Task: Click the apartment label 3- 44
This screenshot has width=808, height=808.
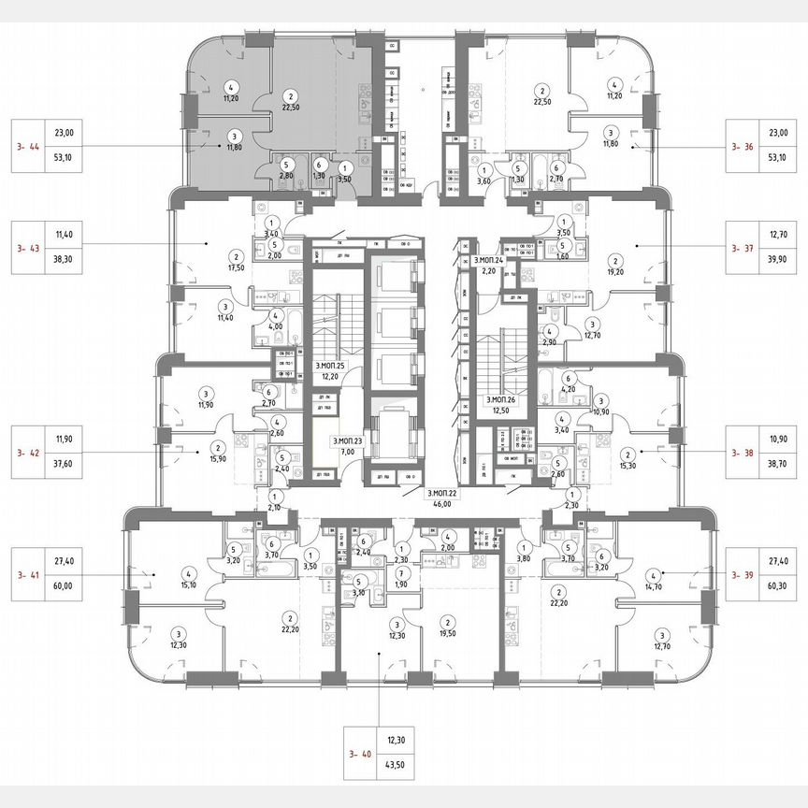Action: point(29,147)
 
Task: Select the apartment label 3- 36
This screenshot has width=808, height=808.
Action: point(743,147)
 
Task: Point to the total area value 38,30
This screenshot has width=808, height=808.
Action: point(64,264)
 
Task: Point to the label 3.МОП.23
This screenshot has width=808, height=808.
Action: point(348,440)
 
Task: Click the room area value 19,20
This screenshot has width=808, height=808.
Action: point(615,271)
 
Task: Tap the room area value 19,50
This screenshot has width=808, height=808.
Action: point(448,632)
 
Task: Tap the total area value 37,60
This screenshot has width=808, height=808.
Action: point(64,458)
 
